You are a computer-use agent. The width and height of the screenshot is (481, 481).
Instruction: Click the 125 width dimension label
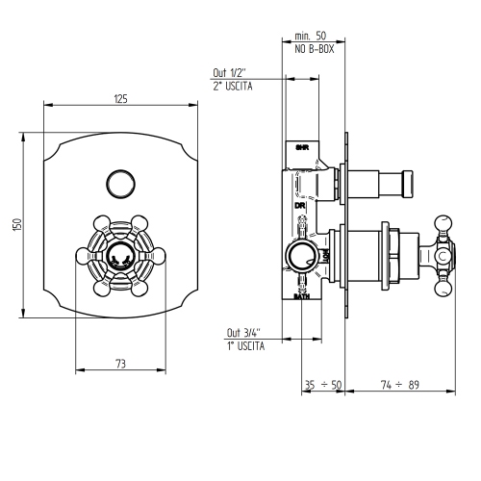point(120,97)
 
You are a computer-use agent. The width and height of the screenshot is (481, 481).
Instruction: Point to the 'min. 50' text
point(308,36)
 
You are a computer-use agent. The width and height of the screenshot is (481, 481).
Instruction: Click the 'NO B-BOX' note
point(308,48)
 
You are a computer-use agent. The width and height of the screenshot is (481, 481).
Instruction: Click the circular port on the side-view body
point(300,257)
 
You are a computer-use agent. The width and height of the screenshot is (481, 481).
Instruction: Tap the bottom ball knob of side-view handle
point(444,287)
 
